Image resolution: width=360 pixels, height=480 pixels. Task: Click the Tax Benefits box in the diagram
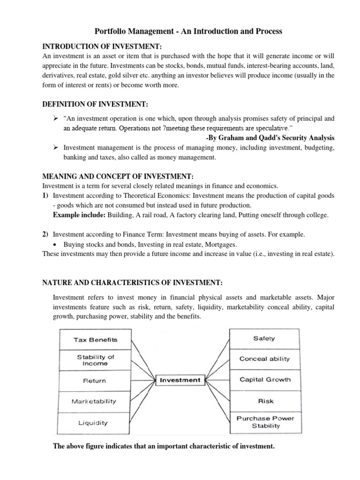click(95, 339)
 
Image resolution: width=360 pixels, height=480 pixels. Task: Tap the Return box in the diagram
click(95, 381)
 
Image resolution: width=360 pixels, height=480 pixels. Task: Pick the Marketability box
click(94, 401)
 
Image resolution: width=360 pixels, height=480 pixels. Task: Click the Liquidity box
click(93, 422)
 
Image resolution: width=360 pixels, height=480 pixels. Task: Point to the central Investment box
click(180, 380)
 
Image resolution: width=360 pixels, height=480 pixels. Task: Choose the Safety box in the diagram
click(264, 338)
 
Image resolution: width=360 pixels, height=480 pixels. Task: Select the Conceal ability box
click(264, 359)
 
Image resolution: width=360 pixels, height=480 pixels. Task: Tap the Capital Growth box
click(265, 380)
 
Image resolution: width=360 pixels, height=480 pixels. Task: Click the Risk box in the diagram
click(265, 401)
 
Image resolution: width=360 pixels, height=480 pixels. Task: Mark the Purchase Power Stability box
click(265, 422)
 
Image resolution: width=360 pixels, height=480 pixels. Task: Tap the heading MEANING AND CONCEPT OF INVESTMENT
click(118, 176)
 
